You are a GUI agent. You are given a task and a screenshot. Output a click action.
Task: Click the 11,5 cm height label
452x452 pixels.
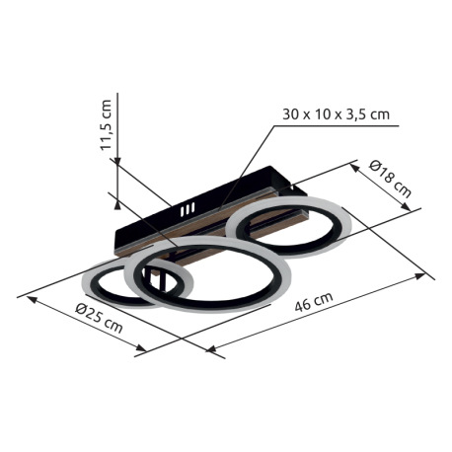[x=107, y=125]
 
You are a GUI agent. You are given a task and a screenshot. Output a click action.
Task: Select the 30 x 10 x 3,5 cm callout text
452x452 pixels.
[x=336, y=114]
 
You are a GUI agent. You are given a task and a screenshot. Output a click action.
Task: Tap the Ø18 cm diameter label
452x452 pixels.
[x=390, y=179]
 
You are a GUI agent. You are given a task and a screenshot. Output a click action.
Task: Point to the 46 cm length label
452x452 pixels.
[x=314, y=302]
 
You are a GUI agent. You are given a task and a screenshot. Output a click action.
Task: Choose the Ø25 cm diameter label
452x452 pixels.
[x=99, y=318]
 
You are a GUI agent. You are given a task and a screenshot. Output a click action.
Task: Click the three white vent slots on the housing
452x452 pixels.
[x=188, y=209]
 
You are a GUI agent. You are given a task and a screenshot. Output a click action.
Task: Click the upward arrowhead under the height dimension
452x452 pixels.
[x=117, y=204]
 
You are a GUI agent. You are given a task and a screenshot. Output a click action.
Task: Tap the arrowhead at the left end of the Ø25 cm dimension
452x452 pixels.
[x=32, y=299]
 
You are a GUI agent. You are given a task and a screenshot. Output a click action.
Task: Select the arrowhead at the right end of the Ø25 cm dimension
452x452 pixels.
[x=141, y=347]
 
